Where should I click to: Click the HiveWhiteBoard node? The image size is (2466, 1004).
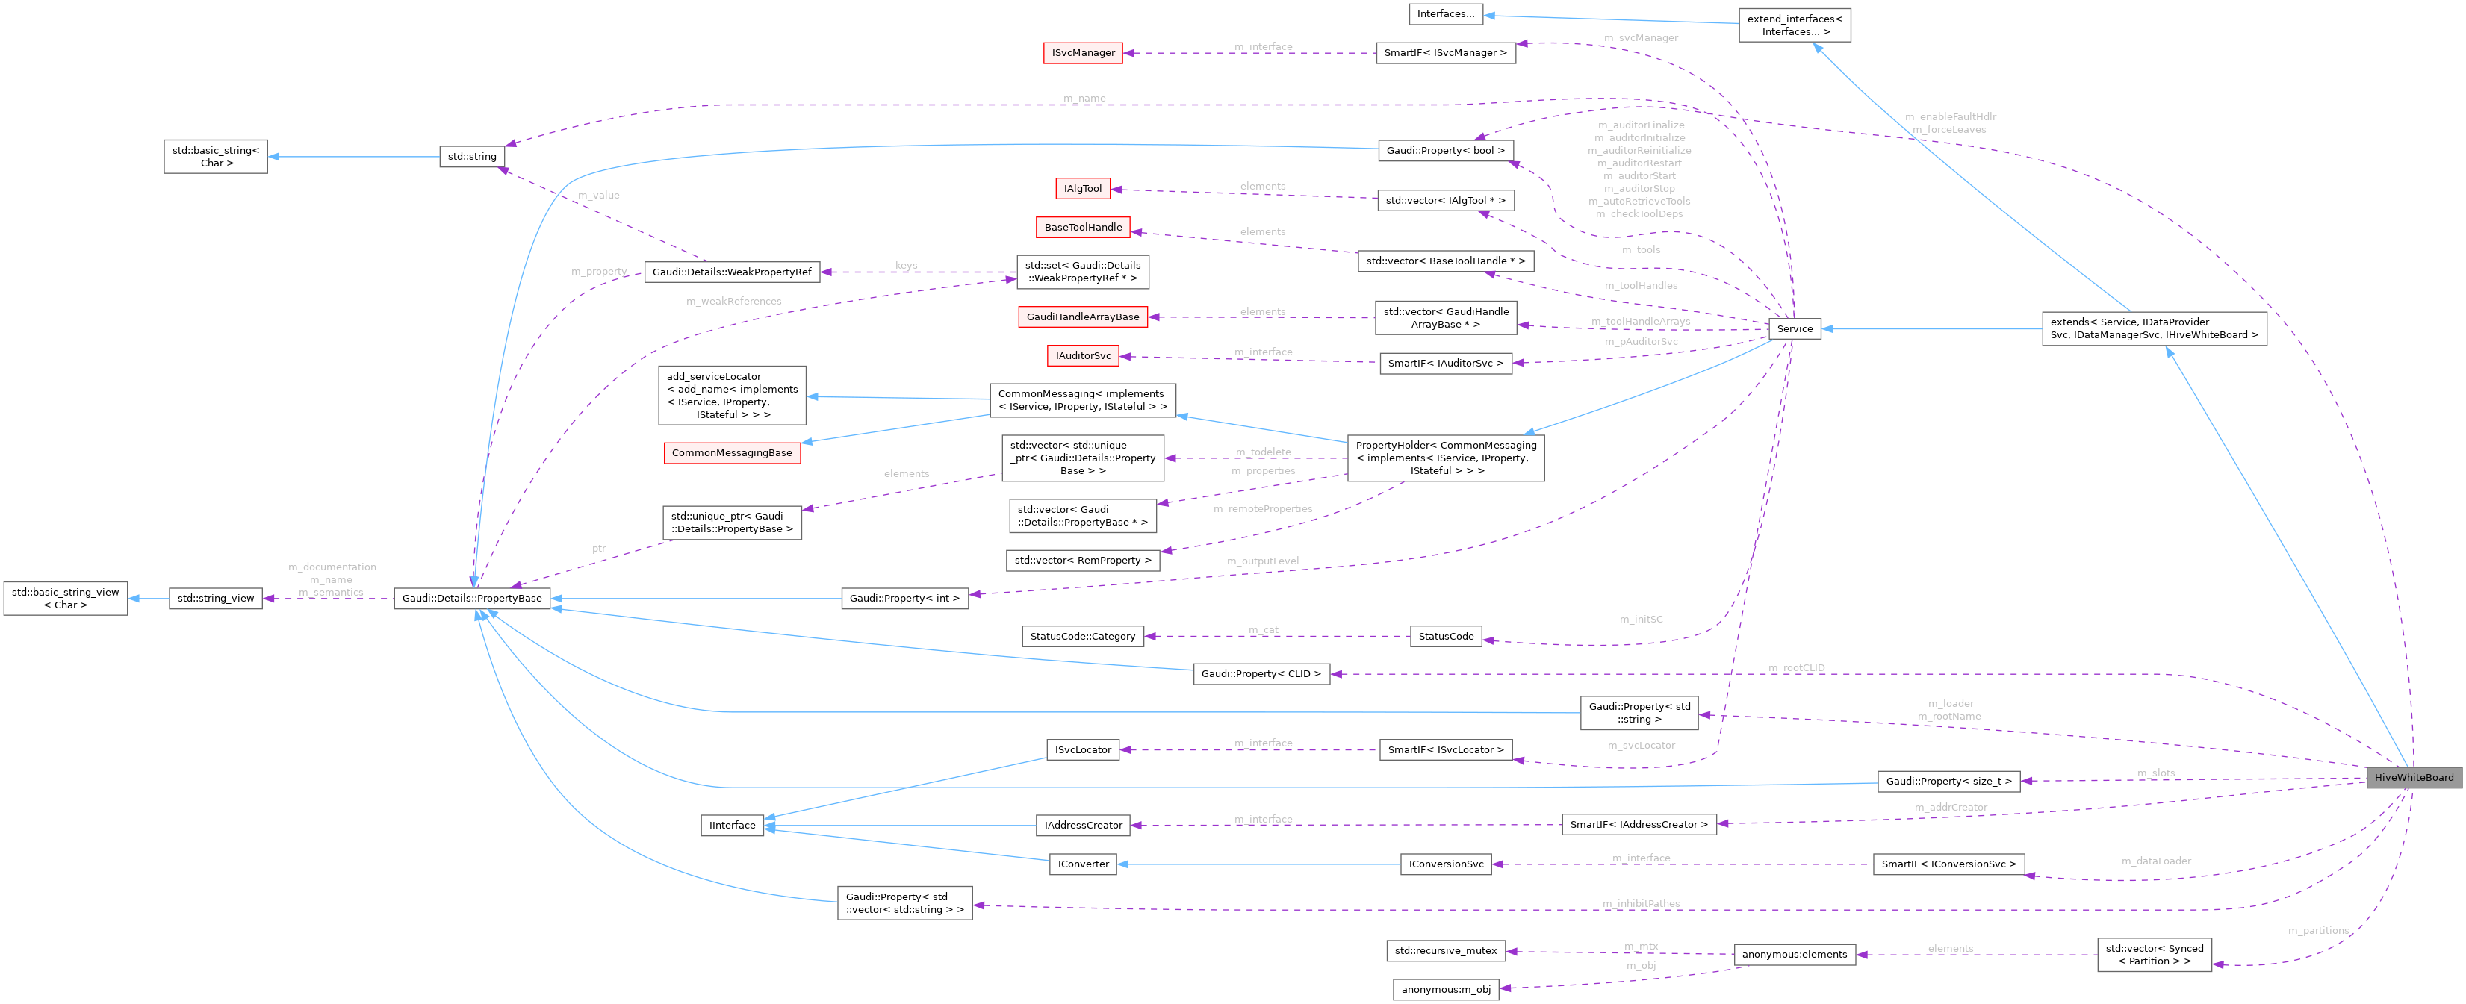click(2412, 777)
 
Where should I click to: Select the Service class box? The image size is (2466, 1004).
click(1794, 328)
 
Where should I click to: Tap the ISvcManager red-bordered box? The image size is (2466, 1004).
click(1083, 53)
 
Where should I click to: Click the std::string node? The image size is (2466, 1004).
click(472, 156)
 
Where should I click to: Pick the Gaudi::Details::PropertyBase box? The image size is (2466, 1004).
click(472, 598)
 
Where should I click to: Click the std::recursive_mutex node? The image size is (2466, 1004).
click(1444, 951)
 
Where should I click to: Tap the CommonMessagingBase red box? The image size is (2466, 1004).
click(731, 452)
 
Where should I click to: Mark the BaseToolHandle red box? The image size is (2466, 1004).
click(1083, 228)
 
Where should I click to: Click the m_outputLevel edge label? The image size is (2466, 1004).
click(1263, 561)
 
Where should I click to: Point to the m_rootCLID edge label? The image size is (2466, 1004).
click(1796, 668)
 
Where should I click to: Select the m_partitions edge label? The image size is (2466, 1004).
click(2317, 930)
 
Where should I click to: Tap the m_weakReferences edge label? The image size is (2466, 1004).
click(733, 302)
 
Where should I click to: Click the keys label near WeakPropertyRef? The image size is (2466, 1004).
click(906, 265)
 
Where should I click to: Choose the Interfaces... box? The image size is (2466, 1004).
click(1444, 13)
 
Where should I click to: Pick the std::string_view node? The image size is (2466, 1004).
click(215, 598)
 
